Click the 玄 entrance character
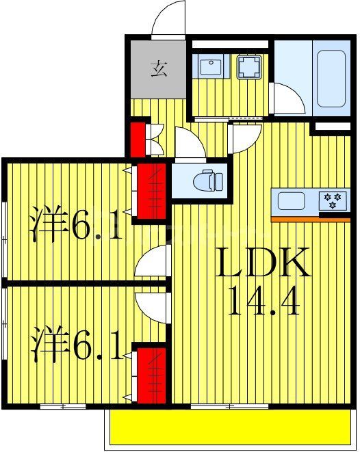(159, 68)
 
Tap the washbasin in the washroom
(210, 67)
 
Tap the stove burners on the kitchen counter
(335, 200)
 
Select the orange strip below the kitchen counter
(310, 219)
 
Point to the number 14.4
(263, 301)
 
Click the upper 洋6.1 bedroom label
(77, 226)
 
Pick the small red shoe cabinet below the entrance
(140, 138)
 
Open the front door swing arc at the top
(170, 19)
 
